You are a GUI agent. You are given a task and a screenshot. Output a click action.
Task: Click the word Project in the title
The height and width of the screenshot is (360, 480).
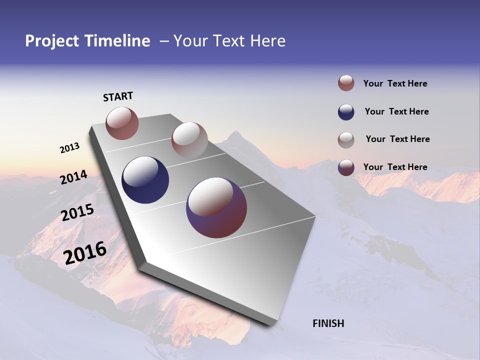pos(51,41)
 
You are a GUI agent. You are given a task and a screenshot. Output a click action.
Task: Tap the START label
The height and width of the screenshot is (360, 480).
pos(118,96)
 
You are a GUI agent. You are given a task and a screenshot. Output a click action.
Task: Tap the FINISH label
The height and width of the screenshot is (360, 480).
pos(328,323)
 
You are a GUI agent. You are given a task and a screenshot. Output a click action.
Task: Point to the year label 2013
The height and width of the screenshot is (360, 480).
pos(69,148)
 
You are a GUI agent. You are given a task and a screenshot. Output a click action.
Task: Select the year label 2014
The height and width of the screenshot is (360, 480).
pos(73,177)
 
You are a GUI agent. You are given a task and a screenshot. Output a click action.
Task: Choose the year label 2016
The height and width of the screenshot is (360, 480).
pos(84,253)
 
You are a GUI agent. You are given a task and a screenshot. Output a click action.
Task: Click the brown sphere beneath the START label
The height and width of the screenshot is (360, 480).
pos(122,123)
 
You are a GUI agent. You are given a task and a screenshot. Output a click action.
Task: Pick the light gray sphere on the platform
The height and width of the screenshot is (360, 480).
pos(189,139)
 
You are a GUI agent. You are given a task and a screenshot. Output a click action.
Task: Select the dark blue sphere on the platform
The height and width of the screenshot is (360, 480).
pos(145,180)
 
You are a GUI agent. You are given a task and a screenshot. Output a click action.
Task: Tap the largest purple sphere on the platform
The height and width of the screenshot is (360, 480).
pos(216,207)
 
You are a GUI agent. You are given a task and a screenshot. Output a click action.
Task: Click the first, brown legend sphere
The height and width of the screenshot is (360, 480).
pos(346,83)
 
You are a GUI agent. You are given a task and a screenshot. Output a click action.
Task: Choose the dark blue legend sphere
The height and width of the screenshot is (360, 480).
pos(346,112)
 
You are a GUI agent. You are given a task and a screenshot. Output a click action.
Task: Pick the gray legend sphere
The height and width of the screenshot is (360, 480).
pos(346,140)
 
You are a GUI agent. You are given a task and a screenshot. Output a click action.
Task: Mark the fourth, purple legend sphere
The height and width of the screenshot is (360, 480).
pos(346,167)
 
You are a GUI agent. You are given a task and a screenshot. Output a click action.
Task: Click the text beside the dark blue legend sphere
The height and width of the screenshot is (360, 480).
pos(396,111)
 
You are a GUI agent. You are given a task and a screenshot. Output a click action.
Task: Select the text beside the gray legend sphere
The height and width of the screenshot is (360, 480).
pos(397,139)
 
